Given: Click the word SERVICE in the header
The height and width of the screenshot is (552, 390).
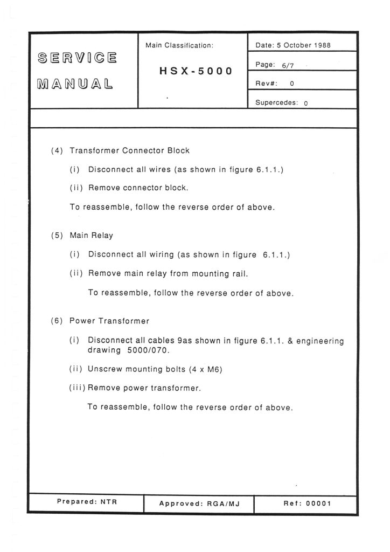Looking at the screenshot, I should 76,58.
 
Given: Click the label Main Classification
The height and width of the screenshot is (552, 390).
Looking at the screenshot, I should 179,46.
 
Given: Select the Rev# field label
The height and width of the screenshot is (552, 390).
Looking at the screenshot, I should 266,84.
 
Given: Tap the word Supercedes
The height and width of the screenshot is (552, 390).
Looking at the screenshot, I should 276,103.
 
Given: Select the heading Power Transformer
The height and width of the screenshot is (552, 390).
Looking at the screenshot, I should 109,321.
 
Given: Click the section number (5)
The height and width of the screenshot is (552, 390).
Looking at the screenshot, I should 57,236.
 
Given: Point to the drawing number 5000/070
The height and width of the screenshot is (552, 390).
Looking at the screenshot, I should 149,350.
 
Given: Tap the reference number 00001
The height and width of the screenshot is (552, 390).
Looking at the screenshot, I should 318,503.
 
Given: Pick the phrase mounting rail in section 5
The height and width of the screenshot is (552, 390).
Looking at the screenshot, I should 222,273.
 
